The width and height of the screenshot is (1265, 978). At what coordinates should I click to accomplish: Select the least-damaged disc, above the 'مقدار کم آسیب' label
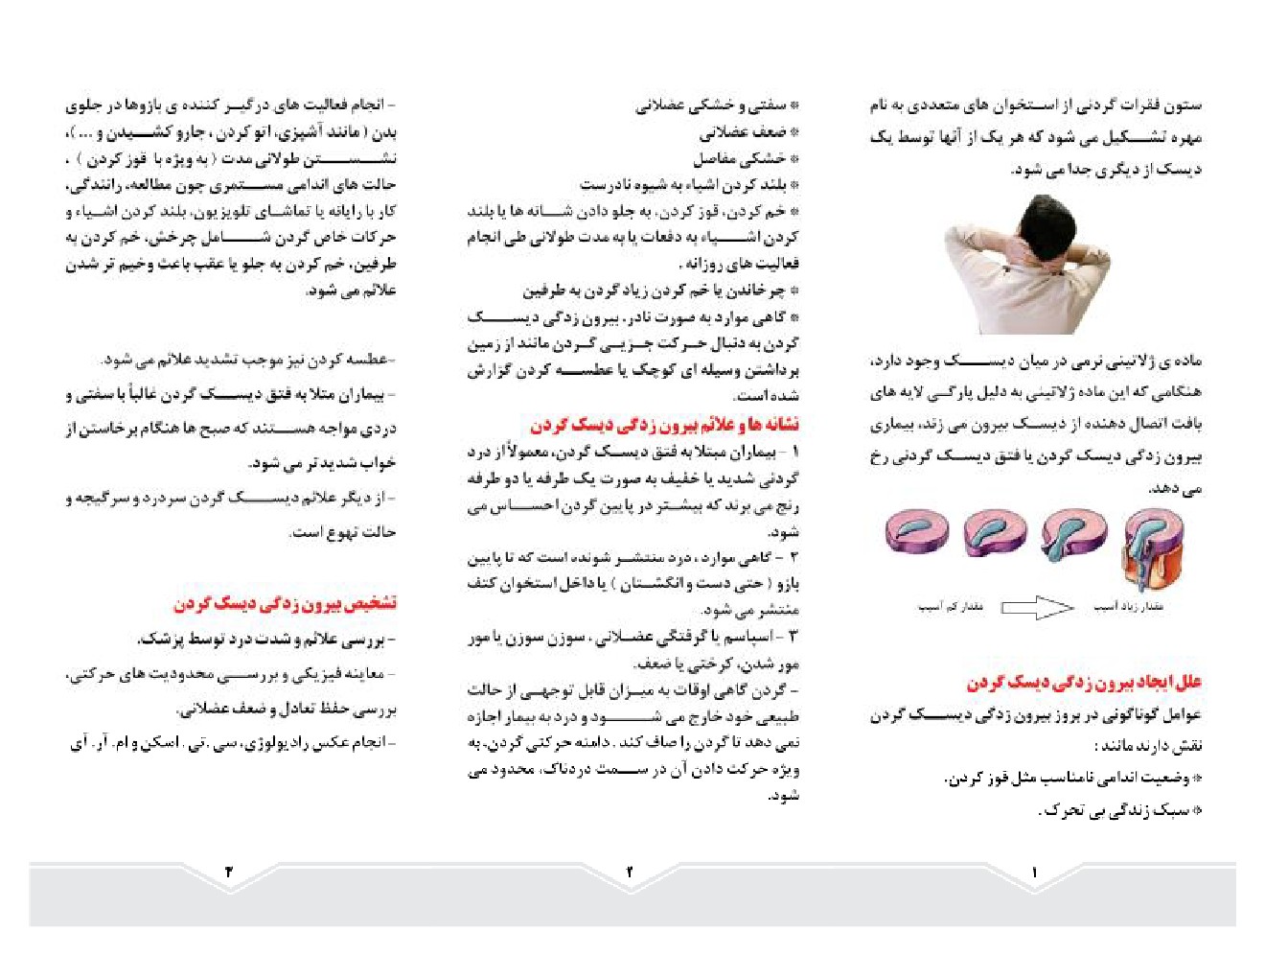(x=916, y=531)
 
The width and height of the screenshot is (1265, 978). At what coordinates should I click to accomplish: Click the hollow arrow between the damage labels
(x=1037, y=607)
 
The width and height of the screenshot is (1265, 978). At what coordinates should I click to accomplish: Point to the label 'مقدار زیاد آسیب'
(x=1128, y=607)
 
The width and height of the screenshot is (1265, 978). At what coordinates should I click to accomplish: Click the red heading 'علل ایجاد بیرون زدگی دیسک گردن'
(x=1083, y=683)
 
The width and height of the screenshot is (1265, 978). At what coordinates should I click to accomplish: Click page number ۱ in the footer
(x=1034, y=872)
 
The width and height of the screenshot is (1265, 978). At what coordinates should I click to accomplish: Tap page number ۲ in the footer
(x=630, y=872)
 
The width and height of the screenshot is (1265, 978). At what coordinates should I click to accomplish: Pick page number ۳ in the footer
(x=228, y=872)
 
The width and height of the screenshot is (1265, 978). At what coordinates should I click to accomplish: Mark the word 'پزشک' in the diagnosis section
(x=162, y=639)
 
